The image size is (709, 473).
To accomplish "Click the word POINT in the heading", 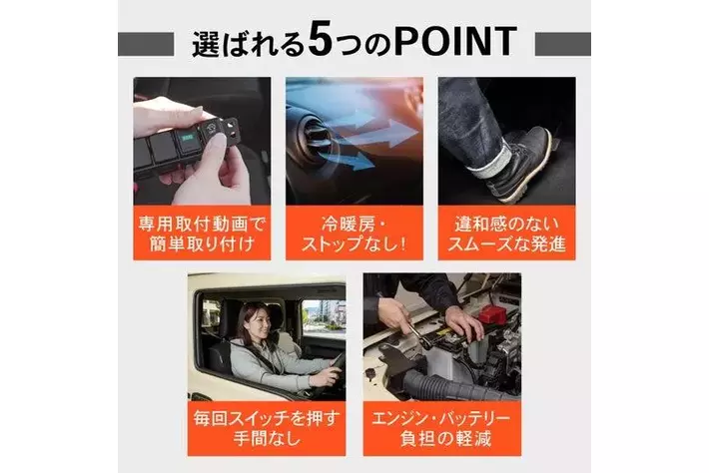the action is coord(455,42).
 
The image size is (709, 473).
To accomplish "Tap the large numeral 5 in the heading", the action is coord(321,42).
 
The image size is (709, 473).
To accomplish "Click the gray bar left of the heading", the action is coord(146,44).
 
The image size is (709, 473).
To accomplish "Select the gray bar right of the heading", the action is coord(562,44).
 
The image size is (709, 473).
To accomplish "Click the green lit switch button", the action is coord(187,138).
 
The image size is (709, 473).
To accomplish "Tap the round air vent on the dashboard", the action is coord(312,136).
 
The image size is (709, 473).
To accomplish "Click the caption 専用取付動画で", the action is coord(202,225).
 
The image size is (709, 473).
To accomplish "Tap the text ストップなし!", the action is coord(354,244).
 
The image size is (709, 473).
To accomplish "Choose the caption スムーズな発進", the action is coord(506,244).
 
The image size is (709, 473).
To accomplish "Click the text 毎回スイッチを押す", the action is coord(267,419).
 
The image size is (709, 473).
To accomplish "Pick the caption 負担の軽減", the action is coord(445,439).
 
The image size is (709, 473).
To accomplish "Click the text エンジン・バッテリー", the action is coord(440,419).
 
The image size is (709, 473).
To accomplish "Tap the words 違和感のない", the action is coord(506,225).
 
